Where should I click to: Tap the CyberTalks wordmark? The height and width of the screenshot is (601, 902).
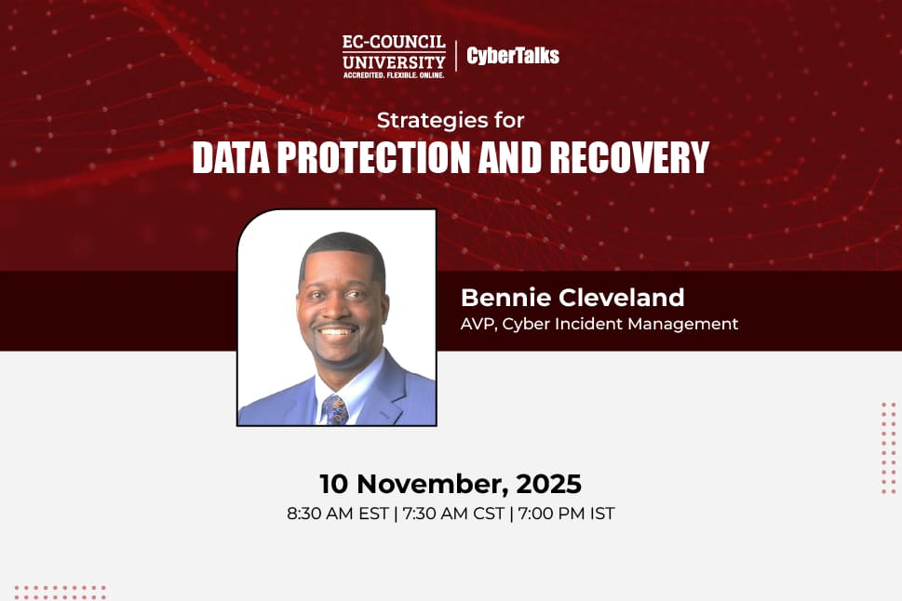click(513, 56)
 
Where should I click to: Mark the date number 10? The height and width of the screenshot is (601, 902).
click(335, 484)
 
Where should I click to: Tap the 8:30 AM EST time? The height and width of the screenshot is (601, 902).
click(336, 514)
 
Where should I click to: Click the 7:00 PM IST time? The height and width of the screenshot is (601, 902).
click(566, 514)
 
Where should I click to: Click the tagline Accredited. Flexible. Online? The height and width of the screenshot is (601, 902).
click(393, 73)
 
